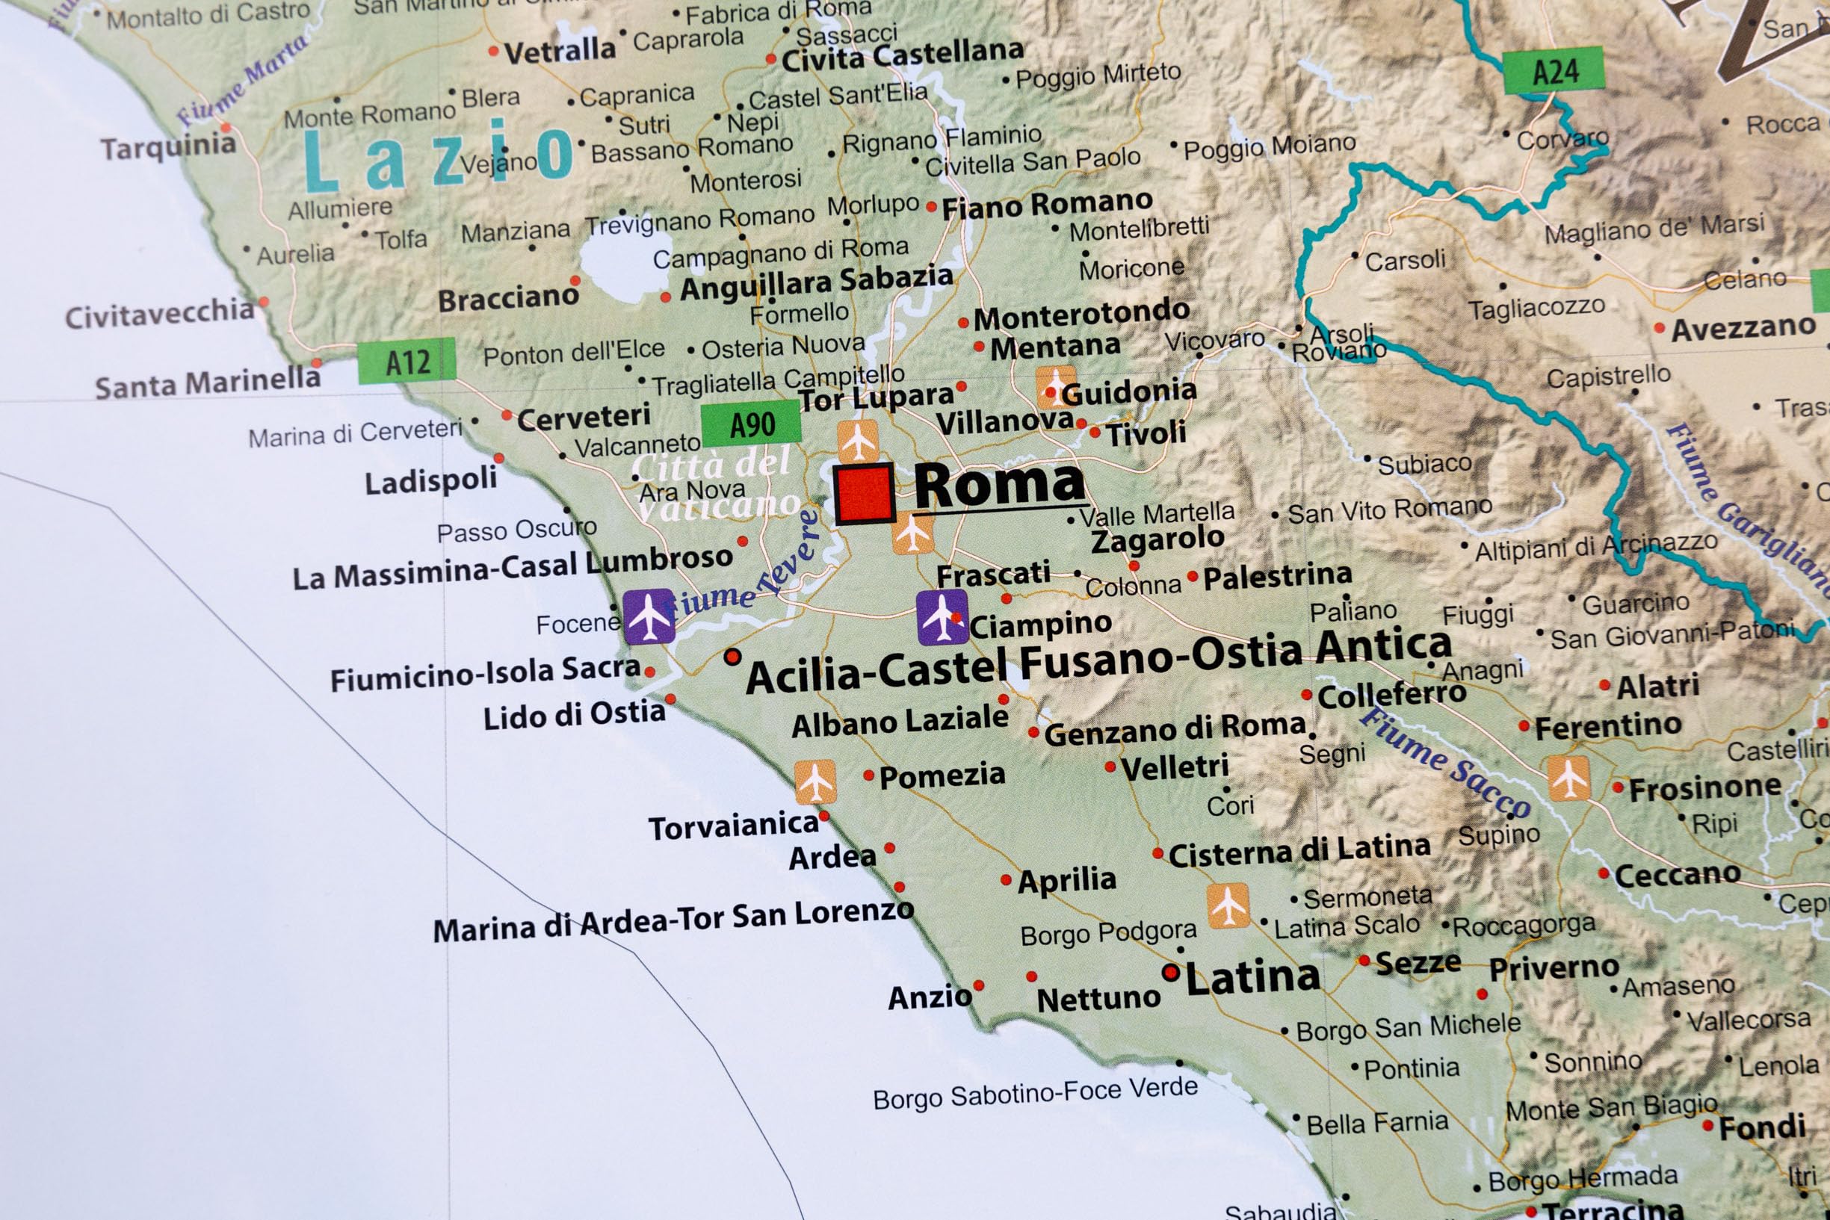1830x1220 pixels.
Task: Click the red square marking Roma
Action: click(865, 493)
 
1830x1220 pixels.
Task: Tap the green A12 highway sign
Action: click(407, 361)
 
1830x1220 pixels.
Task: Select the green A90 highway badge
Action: click(750, 425)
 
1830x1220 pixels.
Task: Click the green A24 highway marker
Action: click(1553, 71)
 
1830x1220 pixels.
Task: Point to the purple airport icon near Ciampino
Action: click(942, 617)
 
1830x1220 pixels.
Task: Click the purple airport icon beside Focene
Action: click(649, 616)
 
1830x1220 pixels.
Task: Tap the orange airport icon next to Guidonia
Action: click(1056, 387)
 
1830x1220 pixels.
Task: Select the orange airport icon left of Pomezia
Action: click(814, 781)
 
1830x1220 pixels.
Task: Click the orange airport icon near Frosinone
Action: click(1568, 777)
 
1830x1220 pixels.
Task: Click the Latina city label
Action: click(1252, 978)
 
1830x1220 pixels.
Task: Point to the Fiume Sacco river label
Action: click(1445, 763)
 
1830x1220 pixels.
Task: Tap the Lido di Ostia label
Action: click(574, 714)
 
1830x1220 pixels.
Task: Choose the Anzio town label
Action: click(930, 997)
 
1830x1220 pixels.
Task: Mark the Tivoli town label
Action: click(1146, 433)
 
